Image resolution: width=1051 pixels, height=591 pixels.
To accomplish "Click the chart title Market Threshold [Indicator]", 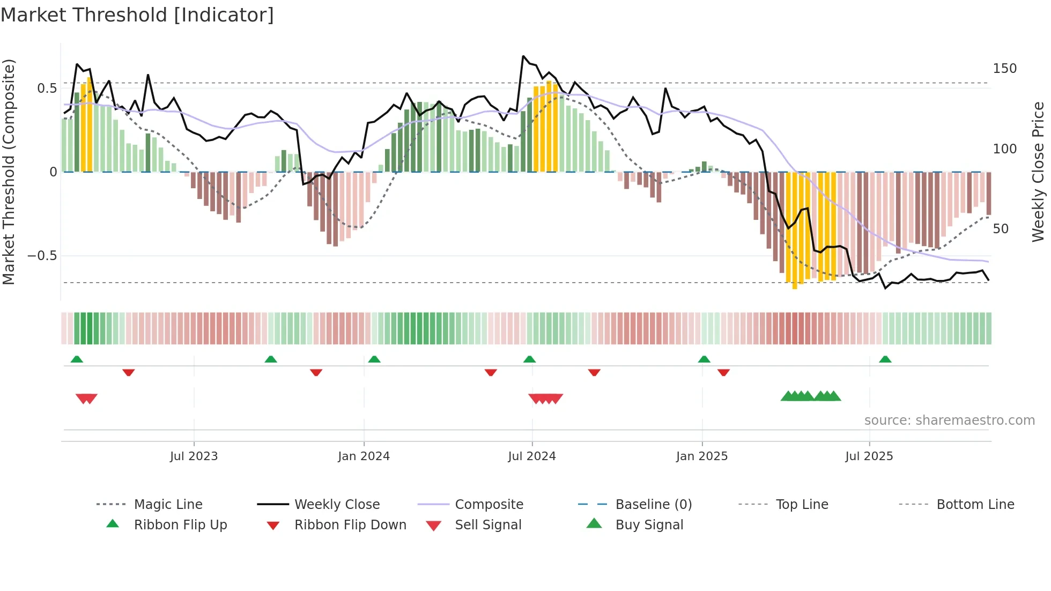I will [x=137, y=15].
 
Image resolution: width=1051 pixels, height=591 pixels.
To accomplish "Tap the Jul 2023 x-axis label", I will [x=194, y=456].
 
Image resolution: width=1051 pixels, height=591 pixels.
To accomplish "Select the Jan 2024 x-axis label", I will [x=364, y=456].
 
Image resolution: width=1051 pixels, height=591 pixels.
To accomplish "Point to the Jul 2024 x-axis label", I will [x=531, y=456].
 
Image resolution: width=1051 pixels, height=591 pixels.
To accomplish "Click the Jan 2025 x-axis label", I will [x=701, y=456].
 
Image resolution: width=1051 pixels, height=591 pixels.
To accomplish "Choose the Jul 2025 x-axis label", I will [x=869, y=456].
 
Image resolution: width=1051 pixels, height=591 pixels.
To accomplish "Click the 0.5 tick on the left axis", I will [x=47, y=88].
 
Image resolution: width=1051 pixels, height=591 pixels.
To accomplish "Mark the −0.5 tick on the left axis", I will [x=42, y=256].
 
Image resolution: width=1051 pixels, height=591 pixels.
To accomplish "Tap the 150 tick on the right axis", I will [x=1004, y=69].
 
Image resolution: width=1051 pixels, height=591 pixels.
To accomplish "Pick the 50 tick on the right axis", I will [x=1001, y=229].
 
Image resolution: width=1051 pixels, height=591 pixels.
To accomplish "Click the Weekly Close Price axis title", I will [x=1038, y=172].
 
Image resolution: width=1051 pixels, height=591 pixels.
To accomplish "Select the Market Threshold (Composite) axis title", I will [x=9, y=172].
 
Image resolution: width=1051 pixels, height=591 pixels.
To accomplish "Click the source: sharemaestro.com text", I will [x=949, y=420].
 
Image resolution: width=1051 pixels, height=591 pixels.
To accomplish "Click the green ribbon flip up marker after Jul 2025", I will [x=885, y=359].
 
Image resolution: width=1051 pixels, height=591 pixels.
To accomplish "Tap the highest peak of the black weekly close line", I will [x=523, y=56].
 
